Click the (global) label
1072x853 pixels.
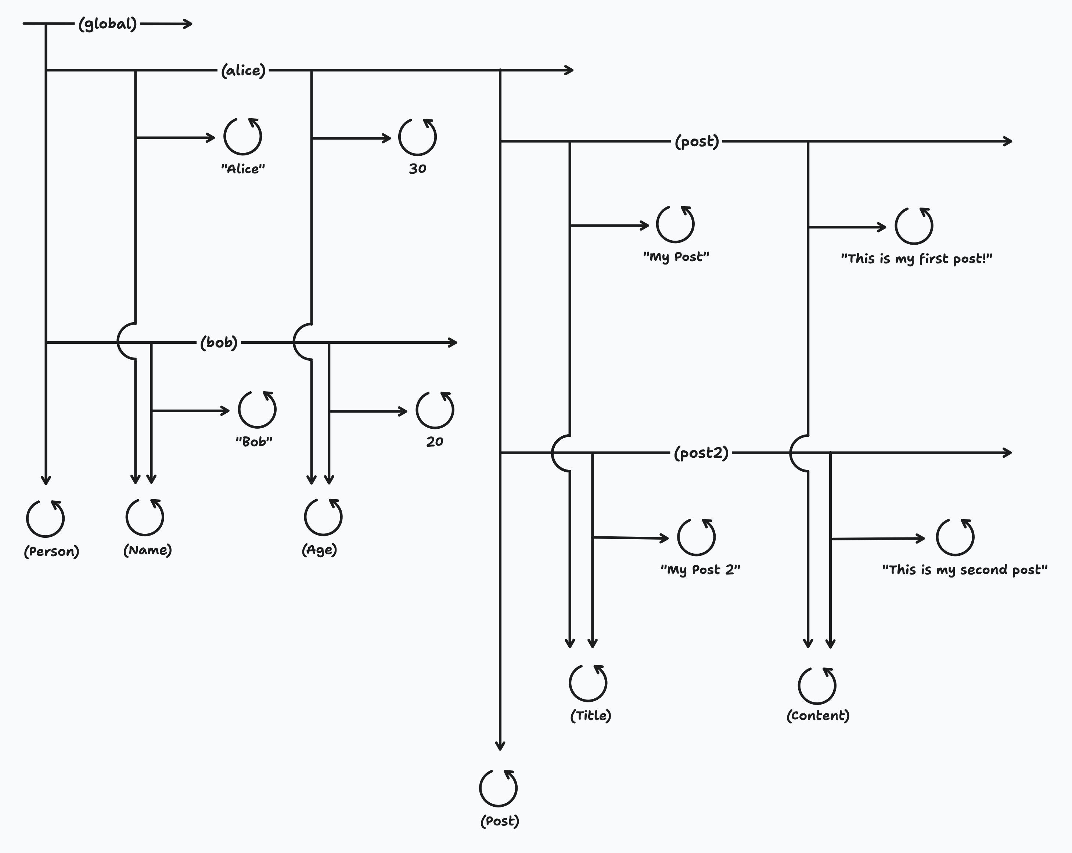(x=107, y=24)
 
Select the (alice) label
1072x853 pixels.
(x=243, y=71)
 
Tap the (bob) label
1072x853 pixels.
(x=219, y=342)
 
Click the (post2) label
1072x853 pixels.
(x=701, y=453)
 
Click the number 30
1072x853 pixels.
(x=417, y=169)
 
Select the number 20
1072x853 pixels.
(x=435, y=442)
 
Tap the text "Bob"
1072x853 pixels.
(x=254, y=442)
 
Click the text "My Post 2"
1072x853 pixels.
(x=700, y=570)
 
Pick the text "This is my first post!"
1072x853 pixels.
(x=916, y=259)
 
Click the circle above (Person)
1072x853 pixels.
(x=45, y=518)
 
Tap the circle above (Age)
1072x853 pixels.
(x=323, y=517)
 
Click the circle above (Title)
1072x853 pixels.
(x=588, y=683)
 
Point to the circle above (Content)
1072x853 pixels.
(x=817, y=685)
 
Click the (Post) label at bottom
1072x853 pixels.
(x=500, y=821)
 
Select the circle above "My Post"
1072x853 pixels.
(x=675, y=224)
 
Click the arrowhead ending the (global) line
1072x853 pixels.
(x=189, y=24)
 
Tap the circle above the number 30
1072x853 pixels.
(x=417, y=137)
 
